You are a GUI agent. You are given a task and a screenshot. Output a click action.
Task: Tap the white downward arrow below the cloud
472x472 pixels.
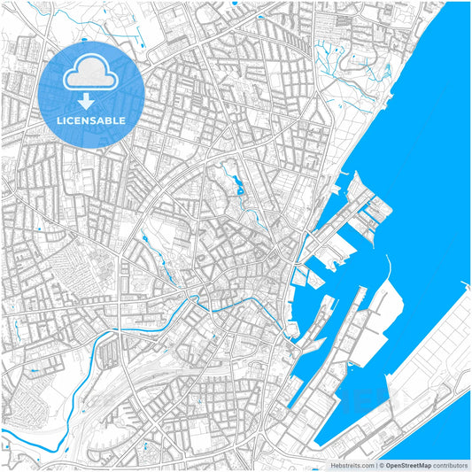[92, 100]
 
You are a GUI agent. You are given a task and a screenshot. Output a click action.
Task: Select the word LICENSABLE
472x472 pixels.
[92, 120]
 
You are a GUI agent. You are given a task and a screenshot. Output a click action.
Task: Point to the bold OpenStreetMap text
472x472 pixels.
[410, 465]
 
